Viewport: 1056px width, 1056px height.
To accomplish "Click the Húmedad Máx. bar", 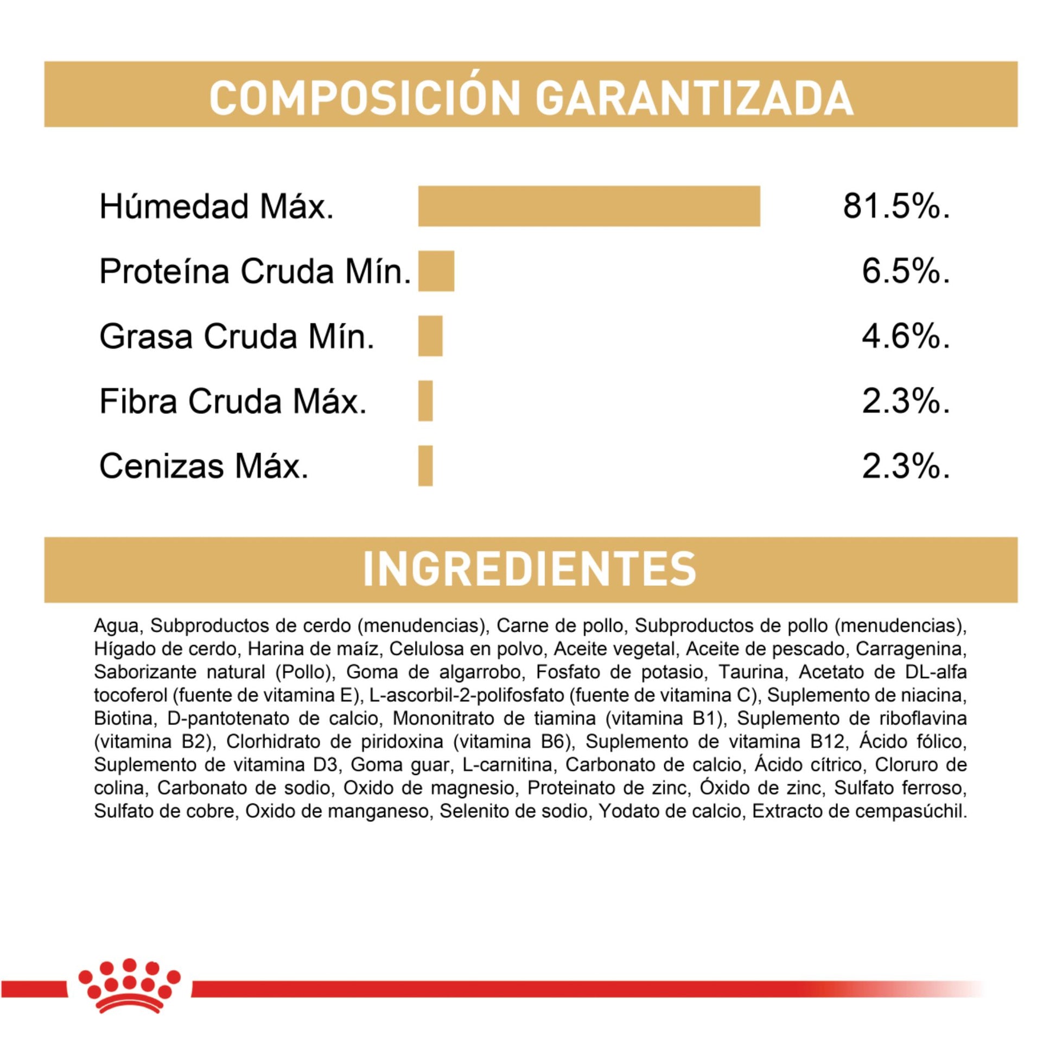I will pyautogui.click(x=589, y=206).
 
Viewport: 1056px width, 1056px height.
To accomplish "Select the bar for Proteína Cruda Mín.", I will pyautogui.click(x=436, y=271).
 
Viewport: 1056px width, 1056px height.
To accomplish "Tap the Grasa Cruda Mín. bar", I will pyautogui.click(x=430, y=336).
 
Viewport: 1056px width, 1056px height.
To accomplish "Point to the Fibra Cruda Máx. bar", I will pyautogui.click(x=425, y=401).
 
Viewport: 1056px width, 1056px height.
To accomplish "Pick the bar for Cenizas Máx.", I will pyautogui.click(x=425, y=466).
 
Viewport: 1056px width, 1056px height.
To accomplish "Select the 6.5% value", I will pyautogui.click(x=906, y=272).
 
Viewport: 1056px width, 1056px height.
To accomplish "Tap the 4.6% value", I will pyautogui.click(x=906, y=336).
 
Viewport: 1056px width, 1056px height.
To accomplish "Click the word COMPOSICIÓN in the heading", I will pyautogui.click(x=364, y=98).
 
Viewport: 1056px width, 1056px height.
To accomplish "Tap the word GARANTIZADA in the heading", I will pyautogui.click(x=694, y=98).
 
